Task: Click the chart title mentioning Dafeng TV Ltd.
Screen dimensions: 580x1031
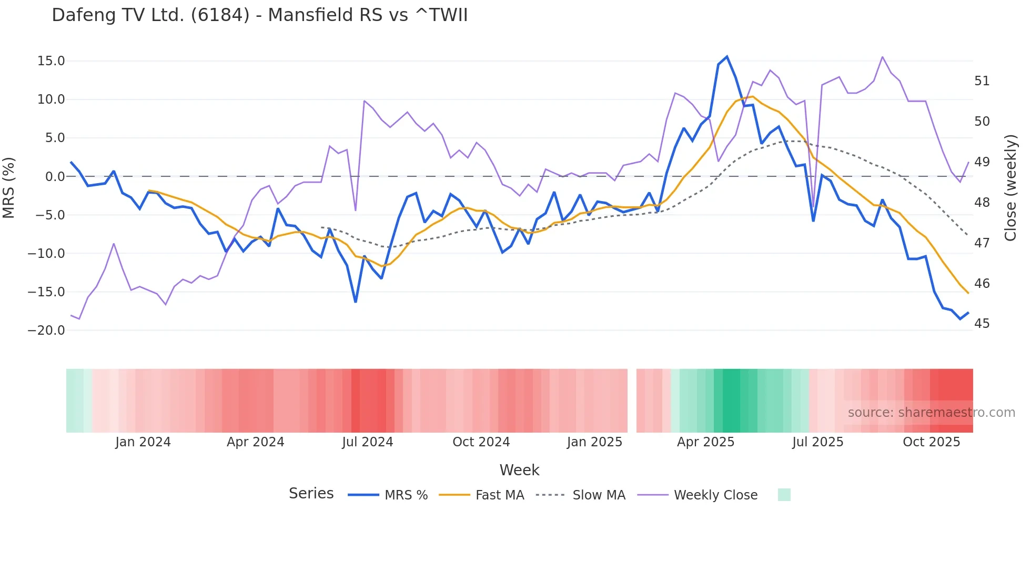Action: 259,15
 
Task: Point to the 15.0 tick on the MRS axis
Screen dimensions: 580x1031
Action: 51,61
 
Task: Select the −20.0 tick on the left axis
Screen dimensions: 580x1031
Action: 46,331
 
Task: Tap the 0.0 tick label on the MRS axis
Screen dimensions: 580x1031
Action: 55,177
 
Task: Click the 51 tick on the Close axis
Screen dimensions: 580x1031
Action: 982,81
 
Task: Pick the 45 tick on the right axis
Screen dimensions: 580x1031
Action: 982,324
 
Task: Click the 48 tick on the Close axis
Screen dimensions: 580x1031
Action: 982,203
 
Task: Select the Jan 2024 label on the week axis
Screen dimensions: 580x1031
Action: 143,442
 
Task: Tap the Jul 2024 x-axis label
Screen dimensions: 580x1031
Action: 367,442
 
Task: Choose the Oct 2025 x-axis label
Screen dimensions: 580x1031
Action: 931,442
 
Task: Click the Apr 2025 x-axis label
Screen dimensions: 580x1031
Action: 705,442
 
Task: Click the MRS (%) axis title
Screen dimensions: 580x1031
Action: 9,188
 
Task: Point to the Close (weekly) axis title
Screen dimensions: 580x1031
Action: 1010,188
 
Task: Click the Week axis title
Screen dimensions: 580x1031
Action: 519,470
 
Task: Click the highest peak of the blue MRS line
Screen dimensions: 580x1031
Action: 727,57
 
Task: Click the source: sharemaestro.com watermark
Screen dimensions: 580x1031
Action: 931,413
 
